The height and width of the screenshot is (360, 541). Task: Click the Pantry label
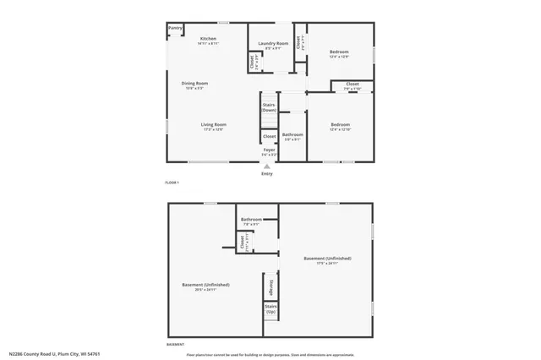tap(175, 28)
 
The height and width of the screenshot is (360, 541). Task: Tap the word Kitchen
tap(208, 39)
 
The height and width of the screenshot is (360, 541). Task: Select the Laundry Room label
tap(273, 43)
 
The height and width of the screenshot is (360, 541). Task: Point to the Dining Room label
tap(194, 83)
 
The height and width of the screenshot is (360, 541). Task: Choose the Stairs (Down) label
tap(269, 107)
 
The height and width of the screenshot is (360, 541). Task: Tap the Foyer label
tap(269, 150)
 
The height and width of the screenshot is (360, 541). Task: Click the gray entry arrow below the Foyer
tap(267, 166)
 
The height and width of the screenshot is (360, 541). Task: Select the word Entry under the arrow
tap(267, 174)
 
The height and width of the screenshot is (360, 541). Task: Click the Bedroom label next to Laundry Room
tap(339, 52)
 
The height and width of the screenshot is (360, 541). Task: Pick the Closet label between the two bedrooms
tap(352, 85)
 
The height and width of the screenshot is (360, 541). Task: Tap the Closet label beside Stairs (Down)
tap(269, 136)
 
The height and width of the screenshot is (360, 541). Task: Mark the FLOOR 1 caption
tap(172, 183)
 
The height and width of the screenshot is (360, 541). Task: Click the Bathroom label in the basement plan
tap(251, 220)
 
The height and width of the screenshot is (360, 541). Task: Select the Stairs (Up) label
tap(270, 309)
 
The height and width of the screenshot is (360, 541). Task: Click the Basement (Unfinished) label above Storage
tap(327, 258)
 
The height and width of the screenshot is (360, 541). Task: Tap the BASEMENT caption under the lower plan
tap(175, 345)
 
